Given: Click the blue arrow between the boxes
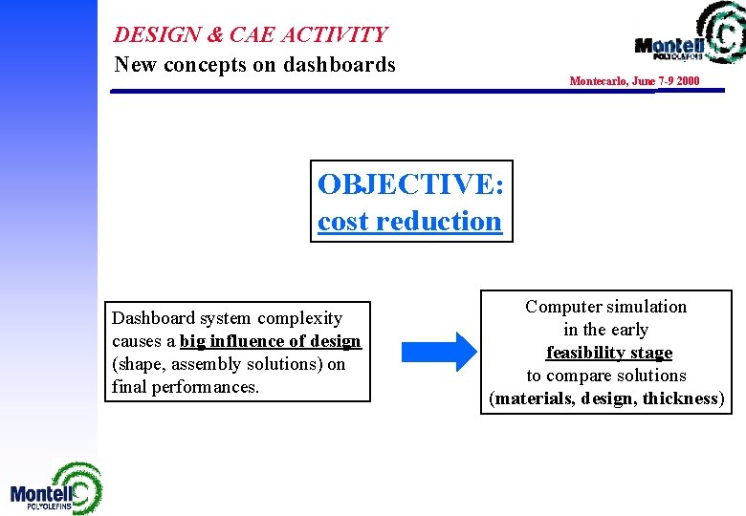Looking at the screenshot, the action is pyautogui.click(x=436, y=351).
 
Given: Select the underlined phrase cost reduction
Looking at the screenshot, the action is pyautogui.click(x=409, y=221).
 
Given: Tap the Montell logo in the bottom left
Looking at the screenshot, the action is pyautogui.click(x=55, y=489).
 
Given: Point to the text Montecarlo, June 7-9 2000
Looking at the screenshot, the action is pyautogui.click(x=634, y=81).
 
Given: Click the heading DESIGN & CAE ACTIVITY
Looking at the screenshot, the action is pyautogui.click(x=251, y=34).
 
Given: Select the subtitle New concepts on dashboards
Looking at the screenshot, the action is pyautogui.click(x=254, y=65).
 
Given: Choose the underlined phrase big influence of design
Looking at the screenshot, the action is pyautogui.click(x=271, y=341).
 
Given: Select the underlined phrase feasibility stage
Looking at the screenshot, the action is pyautogui.click(x=608, y=353).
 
